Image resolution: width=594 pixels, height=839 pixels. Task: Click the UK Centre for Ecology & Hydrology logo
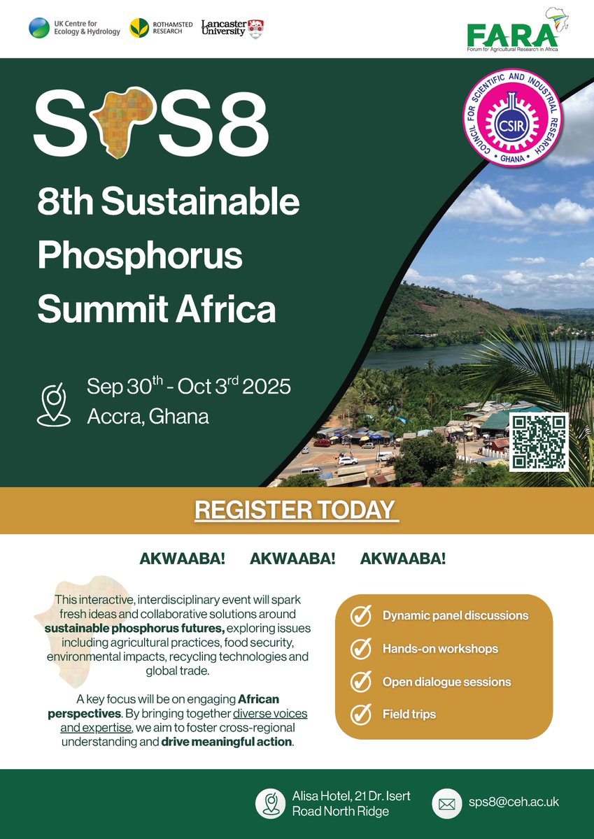tap(74, 28)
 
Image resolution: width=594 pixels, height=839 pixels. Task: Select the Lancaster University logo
tap(232, 29)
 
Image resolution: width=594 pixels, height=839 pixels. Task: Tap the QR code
tap(538, 442)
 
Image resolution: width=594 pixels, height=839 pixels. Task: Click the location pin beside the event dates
tap(54, 403)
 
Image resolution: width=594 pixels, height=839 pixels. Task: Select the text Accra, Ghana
tap(148, 417)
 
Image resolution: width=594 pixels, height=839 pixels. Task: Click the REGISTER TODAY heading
tap(296, 510)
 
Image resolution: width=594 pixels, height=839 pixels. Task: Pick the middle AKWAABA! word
tap(292, 559)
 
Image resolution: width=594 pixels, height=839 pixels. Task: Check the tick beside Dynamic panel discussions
tap(361, 616)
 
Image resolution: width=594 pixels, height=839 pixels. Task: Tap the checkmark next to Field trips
tap(361, 715)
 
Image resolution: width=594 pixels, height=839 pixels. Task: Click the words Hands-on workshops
tap(440, 649)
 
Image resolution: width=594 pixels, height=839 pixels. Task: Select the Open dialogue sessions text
tap(446, 682)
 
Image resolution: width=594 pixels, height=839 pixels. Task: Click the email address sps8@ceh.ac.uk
tap(515, 802)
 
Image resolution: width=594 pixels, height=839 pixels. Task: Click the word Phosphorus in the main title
tap(140, 256)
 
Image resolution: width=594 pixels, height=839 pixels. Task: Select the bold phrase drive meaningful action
tap(226, 742)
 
